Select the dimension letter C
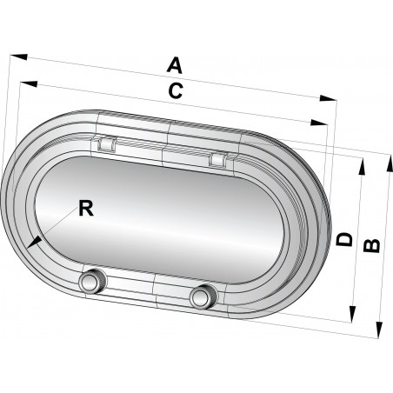click(x=176, y=90)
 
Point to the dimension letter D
click(x=345, y=239)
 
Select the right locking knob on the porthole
click(x=202, y=296)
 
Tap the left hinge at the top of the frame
click(x=105, y=143)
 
